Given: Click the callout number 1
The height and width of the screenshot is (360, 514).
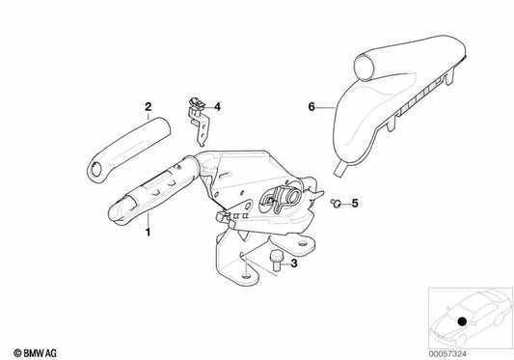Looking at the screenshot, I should point(148,232).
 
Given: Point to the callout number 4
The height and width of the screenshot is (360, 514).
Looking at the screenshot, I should point(217,106).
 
